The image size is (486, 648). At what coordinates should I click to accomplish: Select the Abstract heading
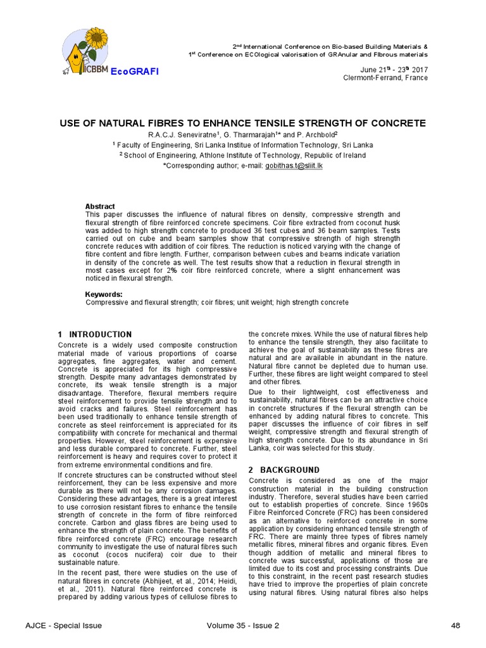(100, 206)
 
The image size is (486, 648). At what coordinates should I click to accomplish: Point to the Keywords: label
(104, 294)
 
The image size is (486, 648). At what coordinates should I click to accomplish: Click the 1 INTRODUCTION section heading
(94, 334)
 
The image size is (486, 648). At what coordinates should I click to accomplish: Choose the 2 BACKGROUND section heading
(284, 470)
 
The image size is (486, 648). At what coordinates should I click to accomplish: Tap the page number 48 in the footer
(456, 626)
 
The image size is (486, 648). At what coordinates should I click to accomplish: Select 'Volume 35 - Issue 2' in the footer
(242, 626)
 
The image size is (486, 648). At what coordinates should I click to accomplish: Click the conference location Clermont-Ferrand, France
(385, 78)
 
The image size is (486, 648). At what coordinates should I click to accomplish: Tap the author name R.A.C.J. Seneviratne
(182, 135)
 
